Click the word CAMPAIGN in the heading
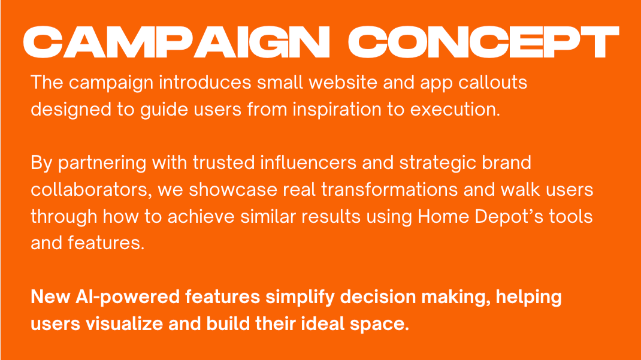(176, 42)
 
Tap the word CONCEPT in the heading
(483, 42)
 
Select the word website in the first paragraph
(343, 83)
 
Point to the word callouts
(492, 83)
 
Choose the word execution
(455, 110)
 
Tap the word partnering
(102, 164)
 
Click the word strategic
(437, 164)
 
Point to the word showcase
(233, 190)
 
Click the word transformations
(389, 190)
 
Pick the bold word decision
(377, 297)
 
